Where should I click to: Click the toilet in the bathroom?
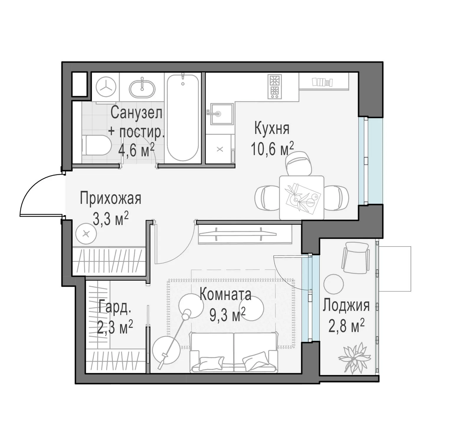(x=96, y=145)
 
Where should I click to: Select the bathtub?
(x=183, y=118)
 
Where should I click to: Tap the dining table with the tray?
(x=301, y=198)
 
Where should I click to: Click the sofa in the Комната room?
(x=234, y=352)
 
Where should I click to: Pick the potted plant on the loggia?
(x=354, y=358)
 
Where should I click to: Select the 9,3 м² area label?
(x=227, y=315)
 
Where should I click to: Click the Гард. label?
(x=115, y=307)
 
